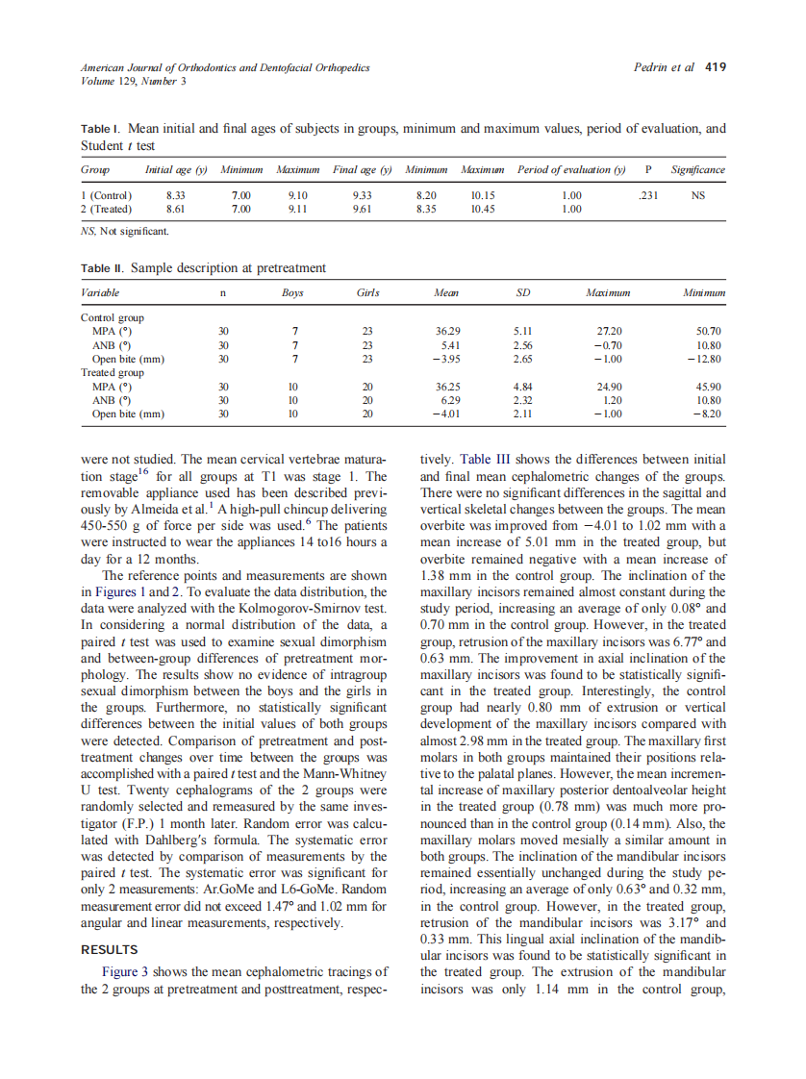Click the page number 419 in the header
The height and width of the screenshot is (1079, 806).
[x=716, y=67]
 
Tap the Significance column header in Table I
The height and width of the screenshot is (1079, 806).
[x=697, y=170]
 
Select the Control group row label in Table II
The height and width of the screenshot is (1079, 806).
[x=112, y=316]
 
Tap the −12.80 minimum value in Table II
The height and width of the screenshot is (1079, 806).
[x=705, y=359]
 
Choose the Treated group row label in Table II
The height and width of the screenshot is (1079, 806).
[x=112, y=372]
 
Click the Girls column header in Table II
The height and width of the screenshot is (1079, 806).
[x=366, y=292]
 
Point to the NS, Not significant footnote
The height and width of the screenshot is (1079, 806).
[x=125, y=232]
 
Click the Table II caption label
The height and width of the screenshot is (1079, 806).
[x=102, y=268]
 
